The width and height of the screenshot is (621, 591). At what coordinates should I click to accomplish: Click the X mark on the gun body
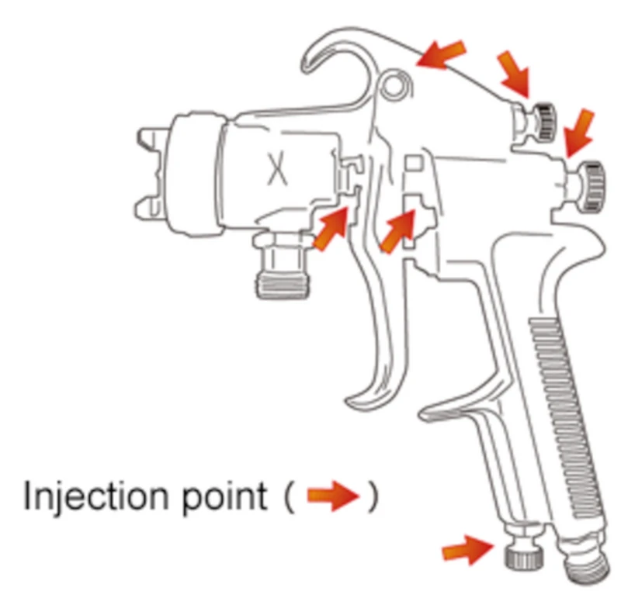point(277,169)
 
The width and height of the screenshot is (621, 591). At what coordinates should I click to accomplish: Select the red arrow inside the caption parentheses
point(333,496)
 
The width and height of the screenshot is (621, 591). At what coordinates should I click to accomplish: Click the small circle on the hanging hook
point(394,85)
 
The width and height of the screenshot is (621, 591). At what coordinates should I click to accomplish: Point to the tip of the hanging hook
point(306,68)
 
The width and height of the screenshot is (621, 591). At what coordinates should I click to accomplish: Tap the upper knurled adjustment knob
point(542,121)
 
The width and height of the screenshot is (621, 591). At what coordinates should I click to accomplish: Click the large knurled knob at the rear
point(589,185)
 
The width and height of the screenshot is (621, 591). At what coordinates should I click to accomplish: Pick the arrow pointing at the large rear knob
point(579,133)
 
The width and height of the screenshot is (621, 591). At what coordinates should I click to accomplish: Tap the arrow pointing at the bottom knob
point(468,550)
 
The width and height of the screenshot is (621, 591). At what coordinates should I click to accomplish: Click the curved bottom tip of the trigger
point(352,400)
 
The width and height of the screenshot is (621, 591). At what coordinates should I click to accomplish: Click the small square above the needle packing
point(413,164)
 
